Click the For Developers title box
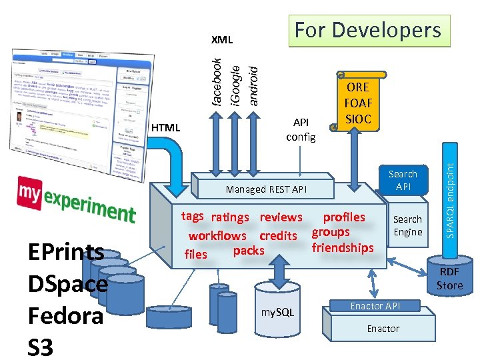[x=369, y=31]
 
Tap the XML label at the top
[x=221, y=40]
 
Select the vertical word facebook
[x=216, y=81]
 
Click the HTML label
[x=166, y=127]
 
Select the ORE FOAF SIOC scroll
[x=358, y=103]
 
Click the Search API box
[x=403, y=180]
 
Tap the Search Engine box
[x=407, y=225]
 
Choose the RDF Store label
[x=449, y=279]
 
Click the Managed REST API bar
[x=267, y=189]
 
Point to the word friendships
[x=343, y=248]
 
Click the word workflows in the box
[x=217, y=235]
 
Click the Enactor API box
[x=375, y=306]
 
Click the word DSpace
[x=67, y=284]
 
